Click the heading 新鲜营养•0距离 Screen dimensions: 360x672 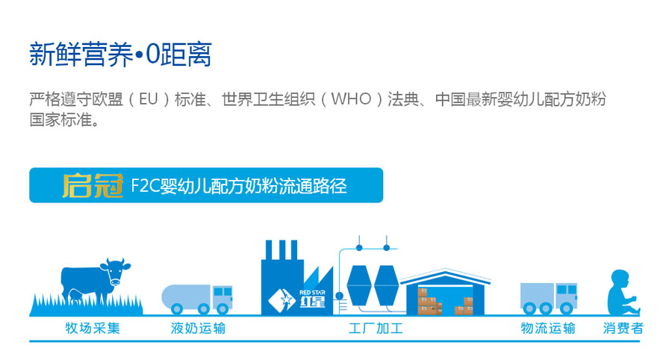(x=120, y=55)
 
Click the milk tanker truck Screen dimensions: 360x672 (x=196, y=298)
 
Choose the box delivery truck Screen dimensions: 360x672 (x=548, y=297)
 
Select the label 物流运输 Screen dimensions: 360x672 (x=548, y=329)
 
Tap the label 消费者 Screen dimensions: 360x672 (x=623, y=329)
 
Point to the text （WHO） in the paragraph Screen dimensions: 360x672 (x=350, y=99)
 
